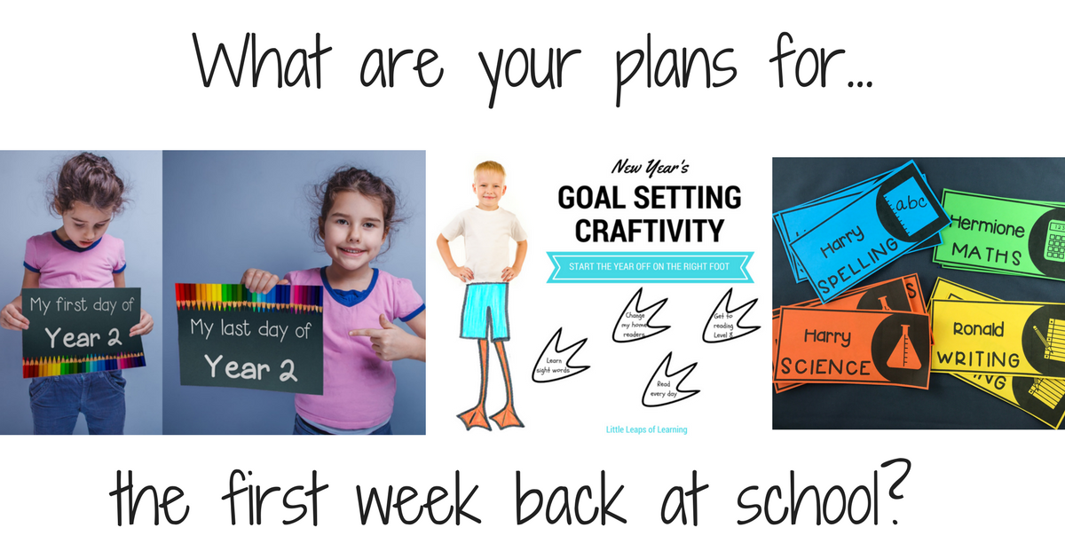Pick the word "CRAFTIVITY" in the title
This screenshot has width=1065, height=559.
point(649,231)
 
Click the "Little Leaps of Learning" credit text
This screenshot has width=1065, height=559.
point(642,430)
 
